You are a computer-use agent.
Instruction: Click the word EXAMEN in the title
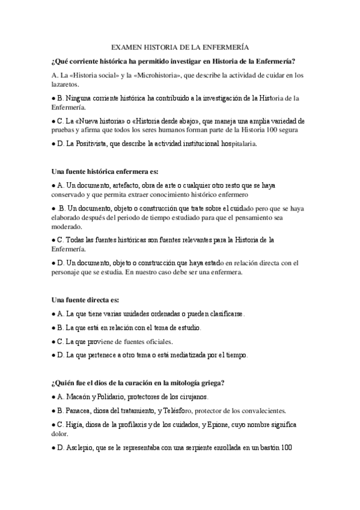127,46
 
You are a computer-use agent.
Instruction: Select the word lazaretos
67,86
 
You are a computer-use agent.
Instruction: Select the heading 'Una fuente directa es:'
85,299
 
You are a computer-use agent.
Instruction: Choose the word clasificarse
225,314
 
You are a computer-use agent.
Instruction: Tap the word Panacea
81,411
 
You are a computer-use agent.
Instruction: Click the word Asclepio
82,447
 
